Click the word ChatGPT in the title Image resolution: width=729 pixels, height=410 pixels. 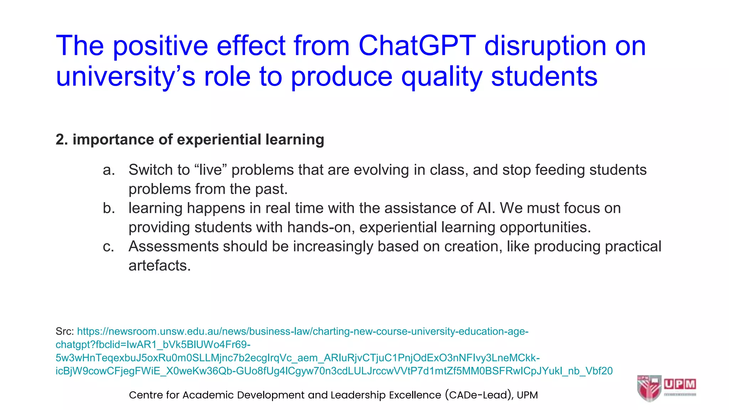point(417,46)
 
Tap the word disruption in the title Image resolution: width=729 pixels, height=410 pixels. point(545,46)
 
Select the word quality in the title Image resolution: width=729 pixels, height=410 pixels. point(442,77)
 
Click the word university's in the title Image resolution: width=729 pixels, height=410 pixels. point(125,77)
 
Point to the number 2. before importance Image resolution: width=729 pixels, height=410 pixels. point(62,140)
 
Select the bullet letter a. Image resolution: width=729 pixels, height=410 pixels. point(109,170)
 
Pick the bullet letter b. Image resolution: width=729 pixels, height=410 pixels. point(109,209)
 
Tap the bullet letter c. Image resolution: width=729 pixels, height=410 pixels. point(108,247)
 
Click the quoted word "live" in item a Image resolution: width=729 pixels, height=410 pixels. point(211,170)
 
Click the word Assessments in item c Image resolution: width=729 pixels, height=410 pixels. point(173,247)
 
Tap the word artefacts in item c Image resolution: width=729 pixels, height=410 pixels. point(159,266)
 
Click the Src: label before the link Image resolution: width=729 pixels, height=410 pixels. point(64,332)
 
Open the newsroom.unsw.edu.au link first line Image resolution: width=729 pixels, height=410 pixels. point(303,332)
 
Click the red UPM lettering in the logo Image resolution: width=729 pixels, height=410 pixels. point(680,384)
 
